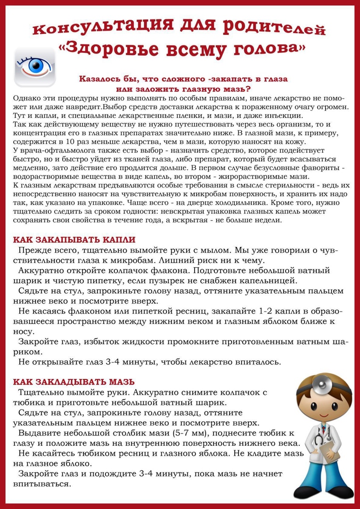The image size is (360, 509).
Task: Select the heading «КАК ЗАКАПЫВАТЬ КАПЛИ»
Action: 74,239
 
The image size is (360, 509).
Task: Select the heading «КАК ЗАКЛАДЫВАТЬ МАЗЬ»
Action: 74,381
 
